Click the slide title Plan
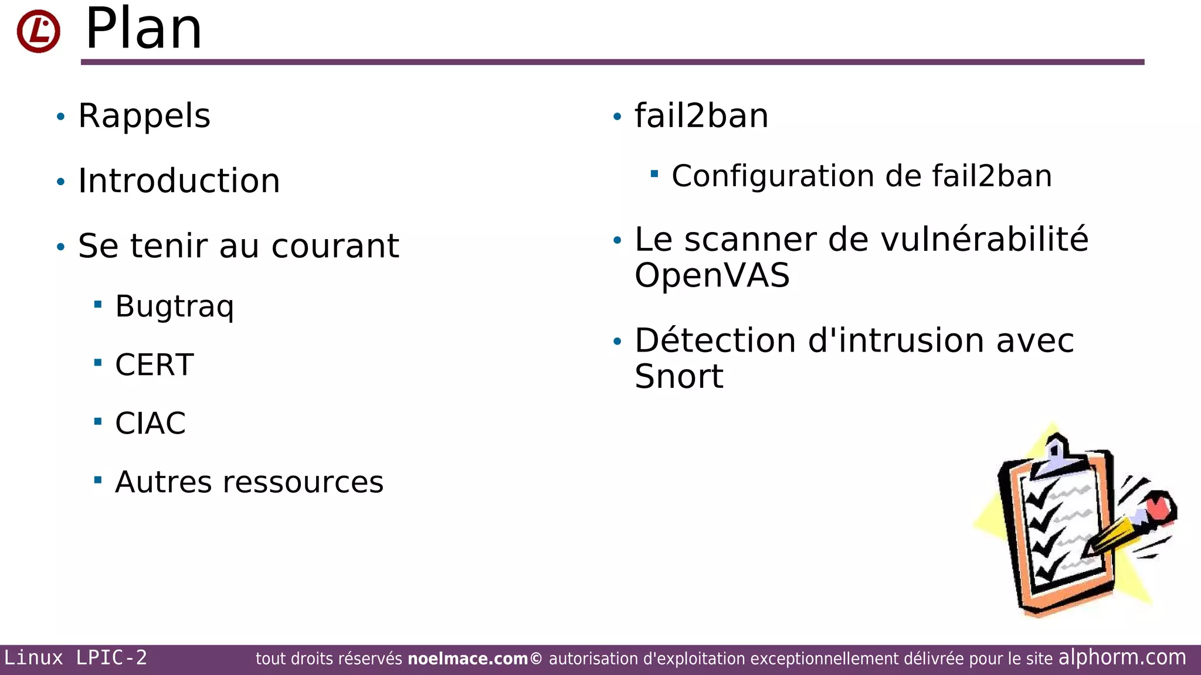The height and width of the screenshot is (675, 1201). click(144, 29)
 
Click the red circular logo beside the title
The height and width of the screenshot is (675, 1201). click(38, 31)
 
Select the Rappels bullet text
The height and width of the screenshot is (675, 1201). click(144, 116)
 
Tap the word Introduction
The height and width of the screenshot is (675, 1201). click(179, 180)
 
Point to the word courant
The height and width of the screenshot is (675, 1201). click(335, 246)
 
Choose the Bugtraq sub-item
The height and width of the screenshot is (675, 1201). click(174, 306)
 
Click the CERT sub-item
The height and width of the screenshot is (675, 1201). click(154, 365)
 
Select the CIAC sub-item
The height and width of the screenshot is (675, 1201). click(150, 424)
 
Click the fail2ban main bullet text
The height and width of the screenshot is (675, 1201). click(701, 116)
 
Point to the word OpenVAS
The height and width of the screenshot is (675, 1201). click(712, 275)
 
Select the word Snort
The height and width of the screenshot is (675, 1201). click(678, 376)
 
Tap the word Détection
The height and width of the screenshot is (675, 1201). click(715, 340)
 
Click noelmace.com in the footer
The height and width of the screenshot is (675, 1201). click(467, 659)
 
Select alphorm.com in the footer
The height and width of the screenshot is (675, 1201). click(1122, 657)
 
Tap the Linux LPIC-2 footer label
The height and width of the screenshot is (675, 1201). click(76, 658)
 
